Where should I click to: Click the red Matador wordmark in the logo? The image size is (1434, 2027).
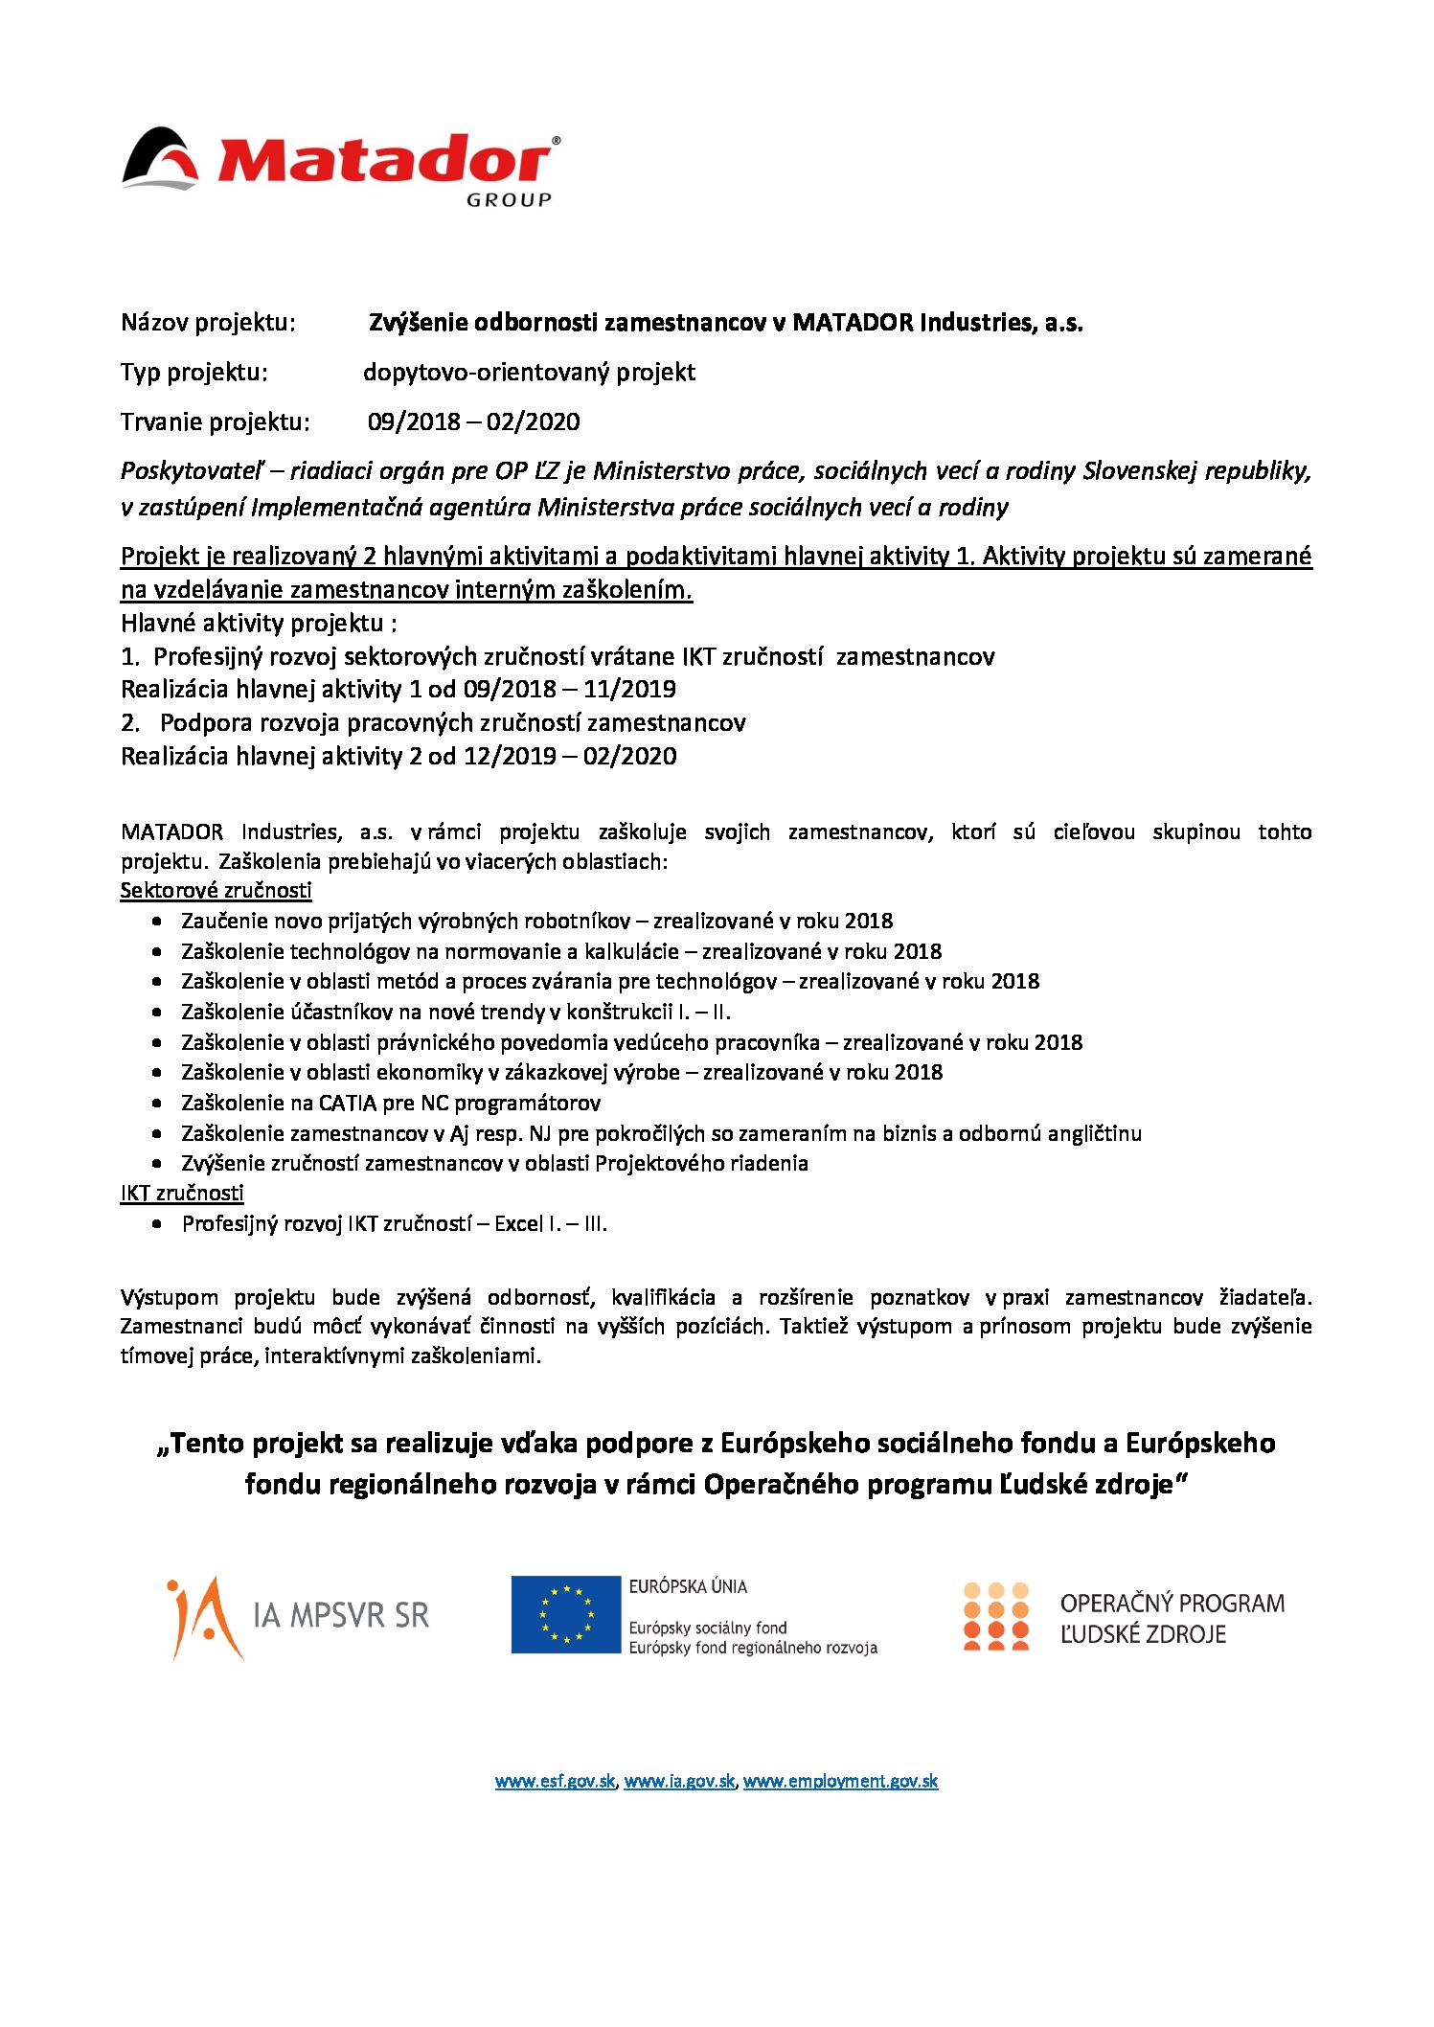[383, 161]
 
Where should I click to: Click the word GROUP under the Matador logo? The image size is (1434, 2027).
[509, 200]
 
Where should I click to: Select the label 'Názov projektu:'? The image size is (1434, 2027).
[208, 323]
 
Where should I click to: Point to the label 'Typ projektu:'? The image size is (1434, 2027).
[193, 373]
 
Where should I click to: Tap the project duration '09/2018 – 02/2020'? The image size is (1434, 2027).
[473, 422]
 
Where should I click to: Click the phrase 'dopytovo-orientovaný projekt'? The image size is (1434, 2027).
[529, 373]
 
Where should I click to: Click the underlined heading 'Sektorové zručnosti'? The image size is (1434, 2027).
[216, 891]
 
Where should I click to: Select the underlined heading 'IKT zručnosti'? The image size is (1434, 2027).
[182, 1194]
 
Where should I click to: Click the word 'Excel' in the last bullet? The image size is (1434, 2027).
[518, 1224]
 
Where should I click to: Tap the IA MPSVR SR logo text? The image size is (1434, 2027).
[340, 1616]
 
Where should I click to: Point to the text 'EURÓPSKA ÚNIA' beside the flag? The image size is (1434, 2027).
[688, 1586]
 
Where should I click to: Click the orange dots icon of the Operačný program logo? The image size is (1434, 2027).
[995, 1616]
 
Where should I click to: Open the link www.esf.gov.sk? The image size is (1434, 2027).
[555, 1782]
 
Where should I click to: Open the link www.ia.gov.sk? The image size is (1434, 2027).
[679, 1782]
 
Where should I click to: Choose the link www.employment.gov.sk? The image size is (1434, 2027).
[840, 1782]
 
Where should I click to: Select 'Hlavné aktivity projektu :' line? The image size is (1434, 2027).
[259, 624]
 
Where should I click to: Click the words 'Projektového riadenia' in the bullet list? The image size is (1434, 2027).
[701, 1164]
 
